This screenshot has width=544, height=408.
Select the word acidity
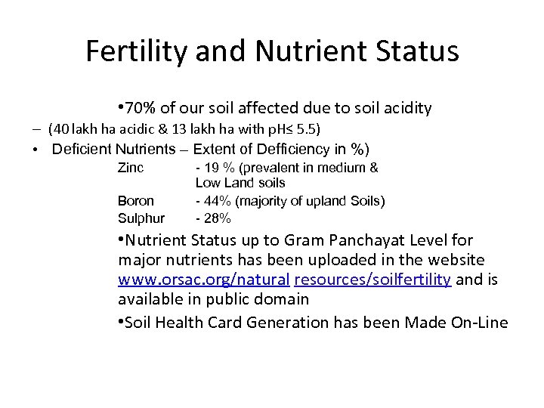[406, 109]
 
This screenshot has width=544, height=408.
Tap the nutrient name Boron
[136, 201]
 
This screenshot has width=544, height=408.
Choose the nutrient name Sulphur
[141, 218]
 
